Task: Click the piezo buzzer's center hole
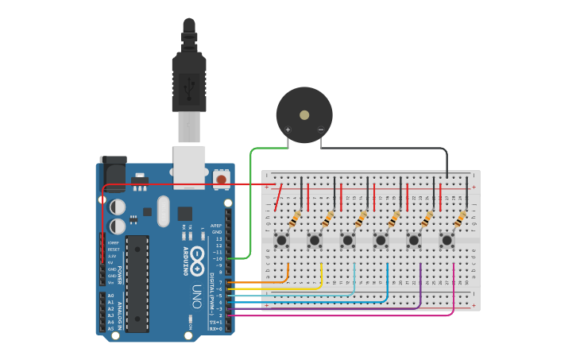pos(304,115)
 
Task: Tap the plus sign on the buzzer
pos(288,130)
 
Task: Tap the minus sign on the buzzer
pos(321,130)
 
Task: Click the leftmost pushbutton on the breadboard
pos(281,239)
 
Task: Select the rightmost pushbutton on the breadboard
pos(447,239)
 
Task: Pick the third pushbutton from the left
pos(348,239)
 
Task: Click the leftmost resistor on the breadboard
pos(296,219)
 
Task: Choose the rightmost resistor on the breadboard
pos(462,219)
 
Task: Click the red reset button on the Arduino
pos(221,180)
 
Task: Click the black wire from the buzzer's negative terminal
pos(381,149)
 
